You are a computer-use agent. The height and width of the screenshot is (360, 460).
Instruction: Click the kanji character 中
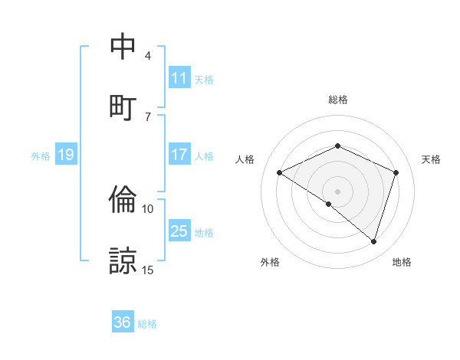tap(123, 47)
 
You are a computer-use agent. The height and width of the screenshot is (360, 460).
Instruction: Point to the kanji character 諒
tap(123, 260)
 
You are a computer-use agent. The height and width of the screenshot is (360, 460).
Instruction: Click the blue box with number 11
tap(179, 78)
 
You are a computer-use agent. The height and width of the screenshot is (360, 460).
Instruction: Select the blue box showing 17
tap(179, 155)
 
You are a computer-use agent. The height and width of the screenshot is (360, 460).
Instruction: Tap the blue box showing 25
tap(179, 231)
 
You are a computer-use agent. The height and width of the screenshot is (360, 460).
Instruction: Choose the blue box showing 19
tap(65, 155)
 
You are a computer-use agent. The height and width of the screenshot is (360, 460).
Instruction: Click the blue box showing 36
tap(123, 322)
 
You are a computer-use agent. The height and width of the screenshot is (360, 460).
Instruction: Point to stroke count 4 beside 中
tap(147, 56)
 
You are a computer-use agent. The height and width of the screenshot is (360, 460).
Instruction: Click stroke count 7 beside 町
tap(147, 116)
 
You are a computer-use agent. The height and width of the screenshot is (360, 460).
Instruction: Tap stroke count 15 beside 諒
tap(148, 270)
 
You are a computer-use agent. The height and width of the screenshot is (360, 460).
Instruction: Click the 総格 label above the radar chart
tap(337, 100)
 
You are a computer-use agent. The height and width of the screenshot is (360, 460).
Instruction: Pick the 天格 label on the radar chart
tap(431, 159)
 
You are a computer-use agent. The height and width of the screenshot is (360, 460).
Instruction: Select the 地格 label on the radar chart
tap(402, 262)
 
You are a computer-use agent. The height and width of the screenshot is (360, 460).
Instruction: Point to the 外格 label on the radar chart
tap(270, 262)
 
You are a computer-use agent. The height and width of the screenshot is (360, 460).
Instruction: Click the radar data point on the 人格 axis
tap(280, 172)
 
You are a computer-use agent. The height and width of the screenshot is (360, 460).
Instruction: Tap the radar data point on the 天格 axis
tap(396, 172)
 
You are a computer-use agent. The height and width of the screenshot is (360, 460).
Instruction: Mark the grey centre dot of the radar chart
tap(337, 191)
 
